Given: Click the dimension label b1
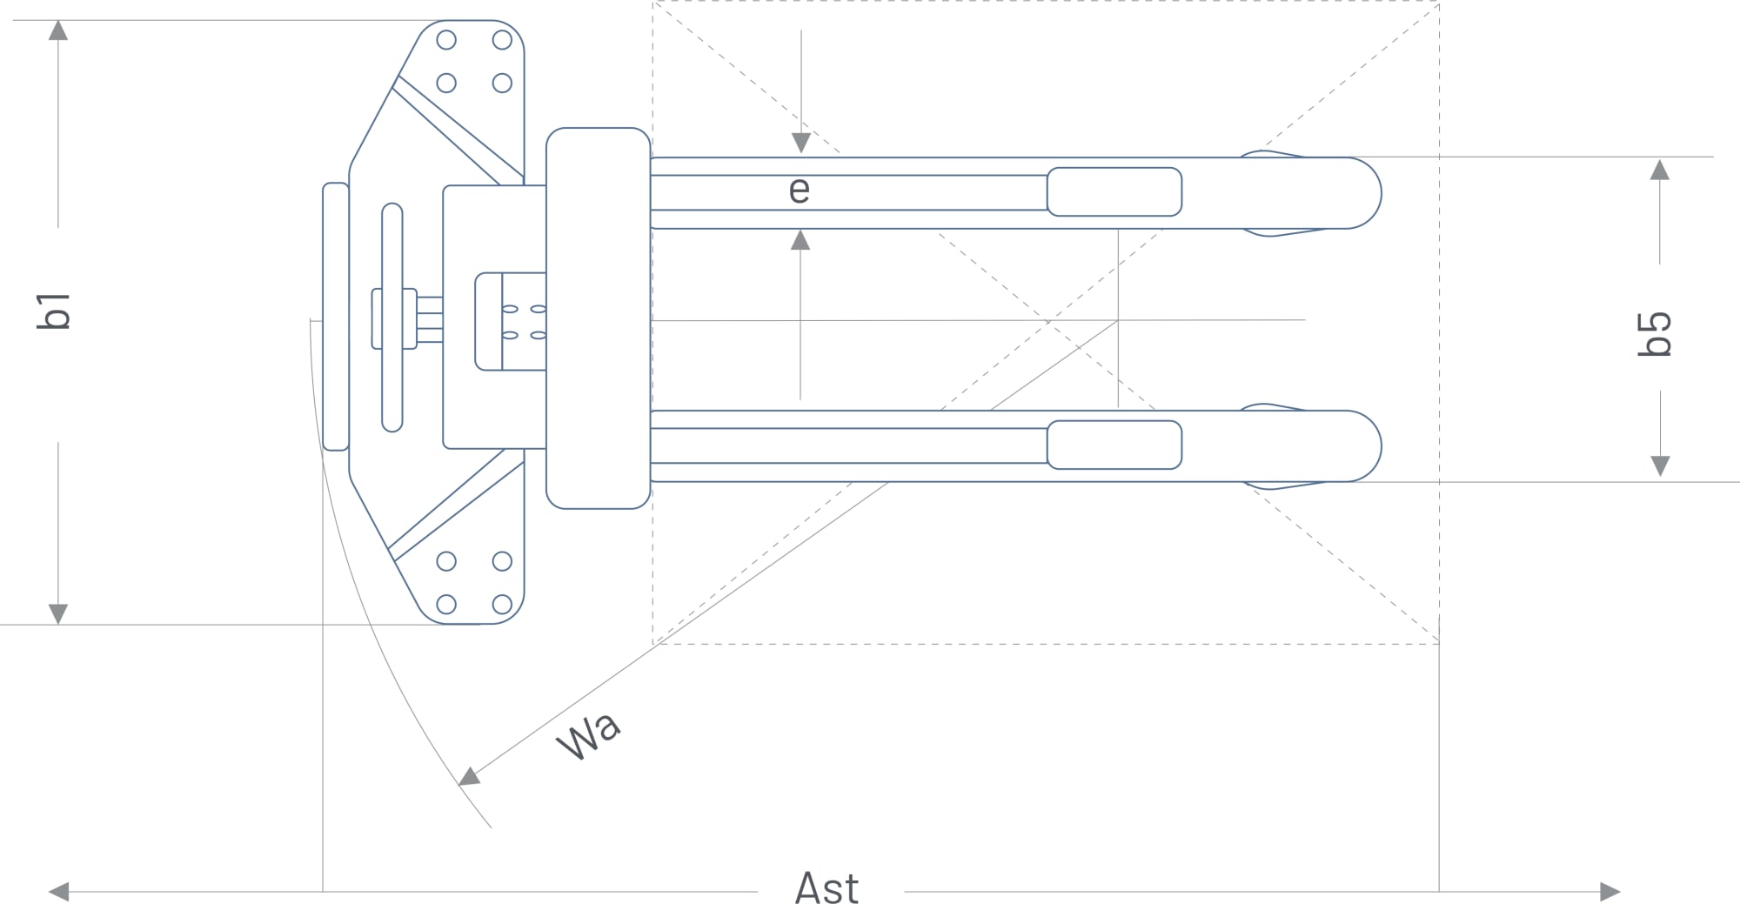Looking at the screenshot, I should point(54,311).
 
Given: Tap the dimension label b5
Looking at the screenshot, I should point(1655,333).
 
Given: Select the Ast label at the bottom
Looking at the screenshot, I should point(826,888).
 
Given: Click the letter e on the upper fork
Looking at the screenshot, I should point(799,190).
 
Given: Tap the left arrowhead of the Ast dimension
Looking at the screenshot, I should point(59,891).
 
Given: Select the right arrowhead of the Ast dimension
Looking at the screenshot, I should point(1609,891).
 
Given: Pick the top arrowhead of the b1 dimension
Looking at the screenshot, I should point(58,30).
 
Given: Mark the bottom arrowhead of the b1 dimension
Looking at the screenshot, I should point(58,613).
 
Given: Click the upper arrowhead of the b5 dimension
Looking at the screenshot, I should point(1660,170).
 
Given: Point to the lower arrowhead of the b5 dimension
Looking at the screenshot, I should point(1660,465).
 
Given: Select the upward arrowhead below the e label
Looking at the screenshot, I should point(800,240).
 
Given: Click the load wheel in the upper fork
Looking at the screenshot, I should point(1114,191).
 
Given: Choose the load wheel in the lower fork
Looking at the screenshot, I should point(1114,445).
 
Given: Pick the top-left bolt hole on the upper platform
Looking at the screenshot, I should point(446,40).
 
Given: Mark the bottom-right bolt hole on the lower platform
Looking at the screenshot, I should point(502,604).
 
